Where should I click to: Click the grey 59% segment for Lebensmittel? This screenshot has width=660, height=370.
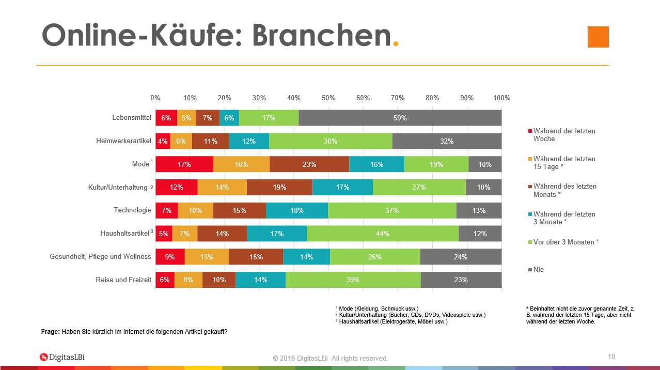coord(400,118)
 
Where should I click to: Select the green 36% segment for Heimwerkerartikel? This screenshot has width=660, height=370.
coord(331,141)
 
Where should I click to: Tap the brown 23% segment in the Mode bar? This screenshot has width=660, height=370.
coord(309,164)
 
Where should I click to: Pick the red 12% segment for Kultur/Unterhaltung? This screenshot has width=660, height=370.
coord(176,187)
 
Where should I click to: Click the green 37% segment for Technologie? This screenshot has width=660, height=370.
coord(392,210)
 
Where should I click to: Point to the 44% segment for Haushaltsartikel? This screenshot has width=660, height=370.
coord(383,234)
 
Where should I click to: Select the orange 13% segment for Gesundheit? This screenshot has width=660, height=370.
coord(207,257)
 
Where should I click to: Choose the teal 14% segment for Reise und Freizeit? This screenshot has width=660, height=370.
coord(260,280)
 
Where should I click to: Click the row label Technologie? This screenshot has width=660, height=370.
coord(132,210)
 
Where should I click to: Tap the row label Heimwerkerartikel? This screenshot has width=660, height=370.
coord(123,141)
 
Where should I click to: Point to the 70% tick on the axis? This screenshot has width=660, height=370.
coord(398,98)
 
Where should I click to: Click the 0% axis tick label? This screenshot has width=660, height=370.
coord(155,98)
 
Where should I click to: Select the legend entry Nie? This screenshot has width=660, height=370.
coord(538,269)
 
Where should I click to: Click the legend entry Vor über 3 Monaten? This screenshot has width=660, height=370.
coord(565,242)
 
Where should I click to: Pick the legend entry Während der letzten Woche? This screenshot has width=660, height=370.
coord(563,135)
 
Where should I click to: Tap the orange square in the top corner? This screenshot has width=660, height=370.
coord(598,37)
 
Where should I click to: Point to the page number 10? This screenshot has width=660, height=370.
coord(611,357)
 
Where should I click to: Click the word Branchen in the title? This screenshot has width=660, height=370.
coord(321,36)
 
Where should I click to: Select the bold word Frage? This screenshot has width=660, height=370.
coord(50,332)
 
